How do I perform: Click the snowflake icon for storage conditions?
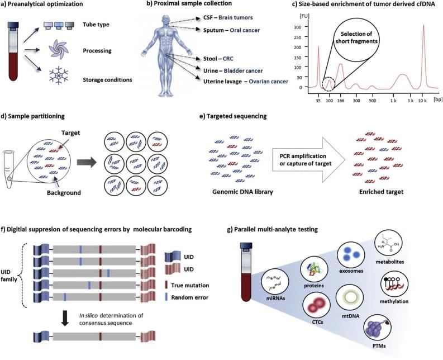59,75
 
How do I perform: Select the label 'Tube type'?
96,25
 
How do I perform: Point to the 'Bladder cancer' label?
243,70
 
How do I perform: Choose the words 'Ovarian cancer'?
268,82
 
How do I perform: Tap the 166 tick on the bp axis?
341,101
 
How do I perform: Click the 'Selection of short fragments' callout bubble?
355,37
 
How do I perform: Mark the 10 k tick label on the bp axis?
422,101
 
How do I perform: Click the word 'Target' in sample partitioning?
70,133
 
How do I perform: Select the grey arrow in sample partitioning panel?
87,163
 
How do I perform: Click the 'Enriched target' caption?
381,192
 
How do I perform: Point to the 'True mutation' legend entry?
187,285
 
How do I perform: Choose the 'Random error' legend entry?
187,297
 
